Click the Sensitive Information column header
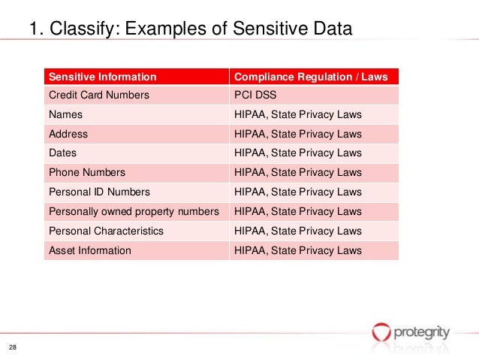click(102, 76)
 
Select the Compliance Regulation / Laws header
click(311, 76)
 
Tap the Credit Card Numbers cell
click(98, 95)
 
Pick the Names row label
click(65, 115)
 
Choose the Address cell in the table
click(68, 135)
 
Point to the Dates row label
click(64, 153)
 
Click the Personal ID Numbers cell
click(99, 192)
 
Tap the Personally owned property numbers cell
click(134, 212)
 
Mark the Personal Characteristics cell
click(106, 231)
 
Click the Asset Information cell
click(89, 250)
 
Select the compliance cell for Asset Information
click(298, 250)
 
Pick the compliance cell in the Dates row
click(298, 153)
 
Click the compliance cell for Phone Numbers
click(298, 173)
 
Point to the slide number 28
click(13, 346)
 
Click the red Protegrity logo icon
click(381, 331)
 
